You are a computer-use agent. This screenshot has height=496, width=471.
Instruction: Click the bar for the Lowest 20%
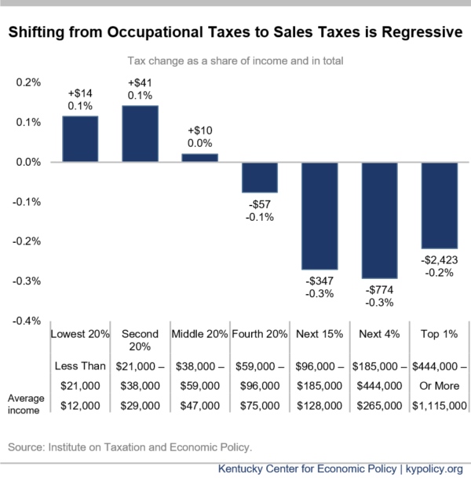pyautogui.click(x=80, y=139)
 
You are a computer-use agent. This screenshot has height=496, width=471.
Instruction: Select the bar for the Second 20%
pyautogui.click(x=140, y=134)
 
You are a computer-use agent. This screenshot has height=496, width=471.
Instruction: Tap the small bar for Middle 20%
pyautogui.click(x=200, y=158)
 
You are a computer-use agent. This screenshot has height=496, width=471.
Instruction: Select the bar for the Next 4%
pyautogui.click(x=380, y=220)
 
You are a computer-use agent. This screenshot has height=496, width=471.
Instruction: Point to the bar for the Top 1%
pyautogui.click(x=440, y=205)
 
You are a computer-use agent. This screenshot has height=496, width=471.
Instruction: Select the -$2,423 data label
pyautogui.click(x=440, y=260)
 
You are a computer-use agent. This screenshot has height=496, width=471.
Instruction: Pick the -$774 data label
pyautogui.click(x=380, y=290)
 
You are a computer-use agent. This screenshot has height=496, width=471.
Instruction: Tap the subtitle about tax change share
pyautogui.click(x=235, y=60)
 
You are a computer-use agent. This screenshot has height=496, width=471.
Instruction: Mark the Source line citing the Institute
pyautogui.click(x=130, y=447)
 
